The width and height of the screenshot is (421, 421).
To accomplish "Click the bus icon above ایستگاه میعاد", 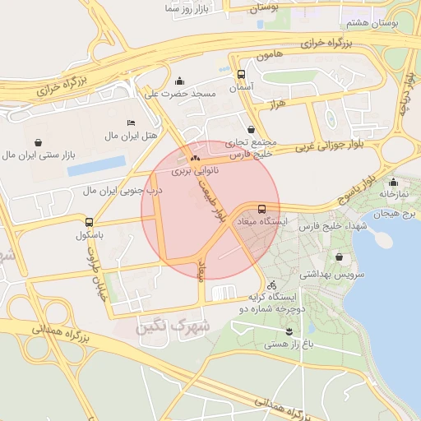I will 261,209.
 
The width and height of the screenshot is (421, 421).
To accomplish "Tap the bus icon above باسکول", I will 89,221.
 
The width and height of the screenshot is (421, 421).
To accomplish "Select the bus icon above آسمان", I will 241,73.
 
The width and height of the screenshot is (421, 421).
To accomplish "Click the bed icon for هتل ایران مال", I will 132,123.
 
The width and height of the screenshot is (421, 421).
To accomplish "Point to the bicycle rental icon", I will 272,284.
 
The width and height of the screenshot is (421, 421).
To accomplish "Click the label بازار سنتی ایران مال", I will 39,154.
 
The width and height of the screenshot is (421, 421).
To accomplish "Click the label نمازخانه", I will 394,194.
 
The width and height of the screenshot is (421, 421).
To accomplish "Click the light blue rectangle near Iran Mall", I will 97,167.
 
